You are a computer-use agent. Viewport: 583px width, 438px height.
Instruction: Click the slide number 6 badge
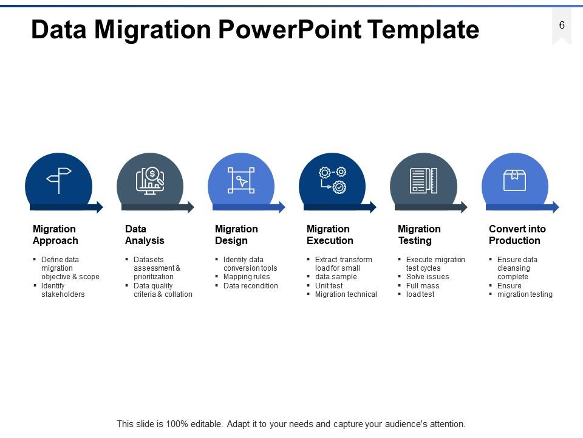[x=562, y=26]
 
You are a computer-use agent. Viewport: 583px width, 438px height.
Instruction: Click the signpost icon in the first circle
[x=59, y=180]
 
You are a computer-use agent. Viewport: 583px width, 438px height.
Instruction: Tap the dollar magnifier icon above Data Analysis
[x=150, y=181]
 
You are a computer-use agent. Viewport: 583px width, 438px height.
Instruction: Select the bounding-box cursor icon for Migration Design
[x=241, y=181]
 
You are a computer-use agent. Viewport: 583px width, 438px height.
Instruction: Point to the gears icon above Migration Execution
[x=332, y=181]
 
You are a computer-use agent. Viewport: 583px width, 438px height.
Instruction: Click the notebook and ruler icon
[x=423, y=181]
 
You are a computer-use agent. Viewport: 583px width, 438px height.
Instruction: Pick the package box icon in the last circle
[x=514, y=180]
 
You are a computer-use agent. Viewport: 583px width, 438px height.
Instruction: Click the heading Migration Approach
[x=55, y=235]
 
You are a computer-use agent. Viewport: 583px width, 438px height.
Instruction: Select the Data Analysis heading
[x=145, y=235]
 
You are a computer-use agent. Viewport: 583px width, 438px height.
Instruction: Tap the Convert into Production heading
[x=517, y=235]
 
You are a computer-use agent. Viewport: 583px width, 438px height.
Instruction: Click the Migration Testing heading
[x=418, y=235]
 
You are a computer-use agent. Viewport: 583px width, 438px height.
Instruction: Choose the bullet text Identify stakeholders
[x=63, y=290]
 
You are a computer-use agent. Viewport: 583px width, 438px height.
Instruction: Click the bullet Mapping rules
[x=247, y=277]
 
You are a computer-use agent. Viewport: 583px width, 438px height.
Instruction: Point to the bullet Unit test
[x=329, y=286]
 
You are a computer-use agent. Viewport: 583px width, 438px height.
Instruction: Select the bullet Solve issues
[x=428, y=277]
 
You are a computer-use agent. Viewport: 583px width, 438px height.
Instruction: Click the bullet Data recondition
[x=250, y=286]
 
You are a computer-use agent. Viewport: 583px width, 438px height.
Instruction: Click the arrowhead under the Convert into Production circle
[x=554, y=207]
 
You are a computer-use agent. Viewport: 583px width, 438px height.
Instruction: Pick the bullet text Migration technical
[x=346, y=294]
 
